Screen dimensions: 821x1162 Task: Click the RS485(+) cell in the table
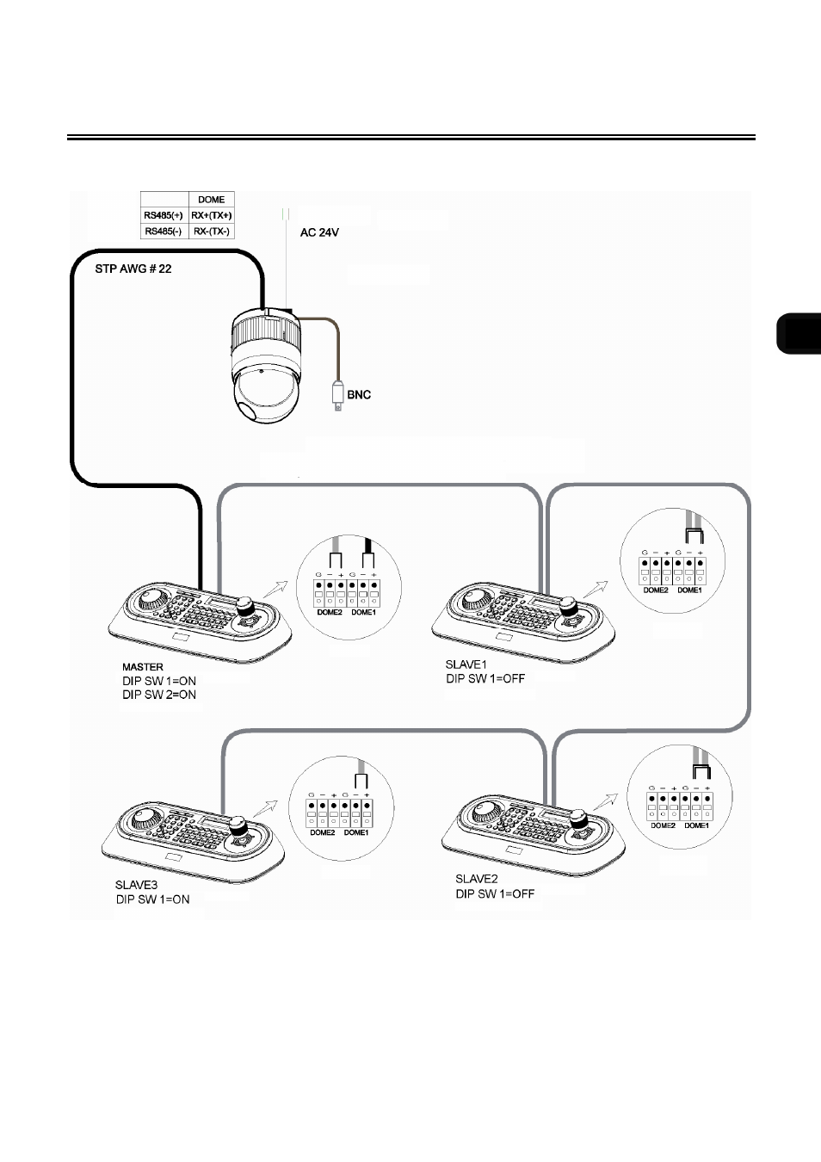(164, 215)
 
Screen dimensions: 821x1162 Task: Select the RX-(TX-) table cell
(211, 232)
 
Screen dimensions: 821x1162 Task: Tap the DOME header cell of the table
(211, 200)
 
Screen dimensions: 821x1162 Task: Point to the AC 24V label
(319, 232)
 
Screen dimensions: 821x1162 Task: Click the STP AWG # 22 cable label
(133, 269)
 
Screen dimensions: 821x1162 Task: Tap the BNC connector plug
(338, 396)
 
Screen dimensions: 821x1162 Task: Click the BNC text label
(359, 395)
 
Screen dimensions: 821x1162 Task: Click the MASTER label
(143, 667)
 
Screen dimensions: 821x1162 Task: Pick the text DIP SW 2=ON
(159, 695)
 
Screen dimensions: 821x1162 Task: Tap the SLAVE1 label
(466, 664)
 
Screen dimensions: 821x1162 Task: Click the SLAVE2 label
(477, 879)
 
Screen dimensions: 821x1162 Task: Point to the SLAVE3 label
(136, 885)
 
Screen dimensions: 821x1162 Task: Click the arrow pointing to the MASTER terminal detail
(275, 589)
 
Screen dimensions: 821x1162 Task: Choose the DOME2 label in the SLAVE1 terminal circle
(656, 590)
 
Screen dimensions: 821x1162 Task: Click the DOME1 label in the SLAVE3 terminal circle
(356, 832)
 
